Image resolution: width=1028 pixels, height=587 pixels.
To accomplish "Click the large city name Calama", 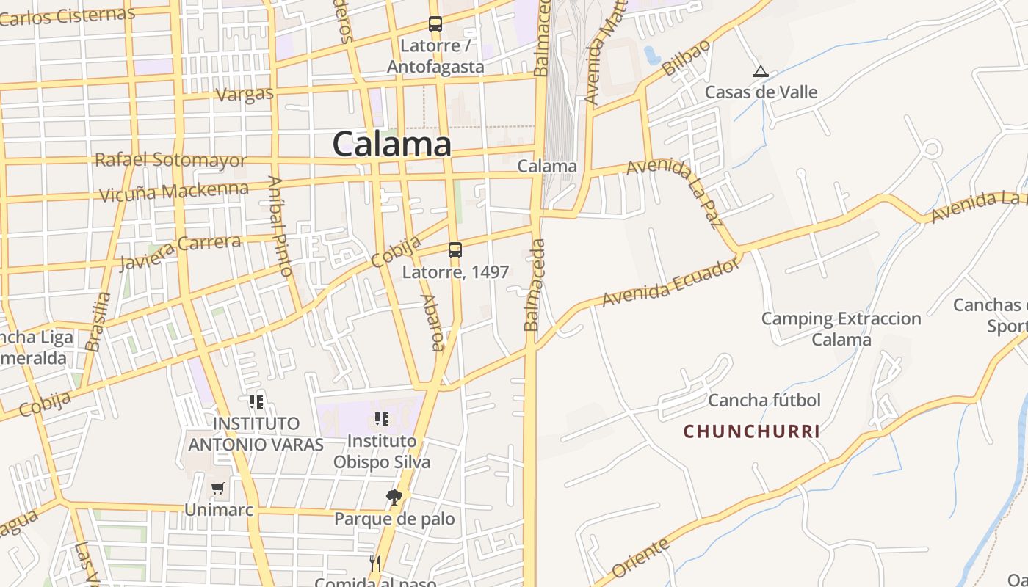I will tap(391, 144).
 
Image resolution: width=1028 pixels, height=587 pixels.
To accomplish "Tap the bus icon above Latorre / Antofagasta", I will tap(435, 24).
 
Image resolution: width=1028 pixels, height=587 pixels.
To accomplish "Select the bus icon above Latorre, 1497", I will tap(455, 250).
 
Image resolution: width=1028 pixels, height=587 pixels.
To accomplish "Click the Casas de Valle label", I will tap(761, 92).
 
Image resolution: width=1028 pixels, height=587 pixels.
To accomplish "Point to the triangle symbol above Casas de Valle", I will tap(761, 72).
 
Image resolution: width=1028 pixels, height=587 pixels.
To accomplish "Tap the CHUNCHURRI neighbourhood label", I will tap(751, 431).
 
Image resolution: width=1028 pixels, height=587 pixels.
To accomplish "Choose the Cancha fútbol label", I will tap(764, 401).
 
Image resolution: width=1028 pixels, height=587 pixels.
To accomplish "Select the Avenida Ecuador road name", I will tap(670, 282).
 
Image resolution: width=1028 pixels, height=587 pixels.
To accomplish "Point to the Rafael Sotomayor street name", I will tap(170, 159).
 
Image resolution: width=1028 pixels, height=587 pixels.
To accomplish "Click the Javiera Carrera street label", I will tap(180, 252).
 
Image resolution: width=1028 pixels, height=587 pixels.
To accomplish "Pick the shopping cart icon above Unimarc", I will tap(218, 488).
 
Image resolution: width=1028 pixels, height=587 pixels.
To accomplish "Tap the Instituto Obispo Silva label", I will tap(382, 451).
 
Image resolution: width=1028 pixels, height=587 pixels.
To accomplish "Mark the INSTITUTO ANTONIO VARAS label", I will tap(256, 434).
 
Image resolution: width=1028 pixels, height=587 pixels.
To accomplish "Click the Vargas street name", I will tap(245, 94).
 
